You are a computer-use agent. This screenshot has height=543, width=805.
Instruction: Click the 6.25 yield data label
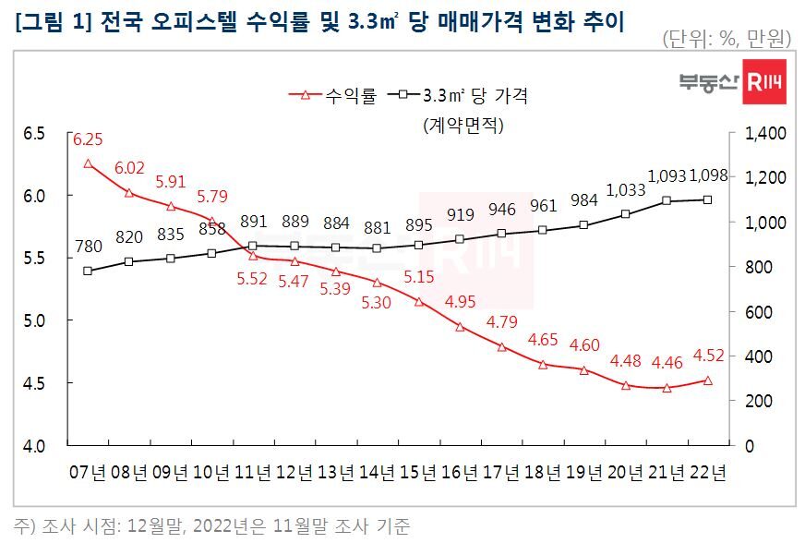(x=88, y=140)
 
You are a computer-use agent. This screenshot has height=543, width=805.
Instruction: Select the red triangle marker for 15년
(x=418, y=302)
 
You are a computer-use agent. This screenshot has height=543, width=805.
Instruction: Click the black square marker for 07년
(x=88, y=271)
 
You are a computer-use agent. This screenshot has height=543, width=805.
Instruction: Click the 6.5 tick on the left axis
(x=33, y=134)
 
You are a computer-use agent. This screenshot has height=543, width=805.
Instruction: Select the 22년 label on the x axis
(x=707, y=474)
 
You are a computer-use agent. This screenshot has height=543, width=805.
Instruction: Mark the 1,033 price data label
(x=623, y=192)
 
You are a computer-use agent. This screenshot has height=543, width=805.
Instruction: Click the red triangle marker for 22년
(x=707, y=380)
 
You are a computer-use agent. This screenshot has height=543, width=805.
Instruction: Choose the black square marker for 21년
(x=666, y=200)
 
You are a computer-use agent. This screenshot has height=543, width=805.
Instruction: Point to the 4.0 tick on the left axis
(x=33, y=445)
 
